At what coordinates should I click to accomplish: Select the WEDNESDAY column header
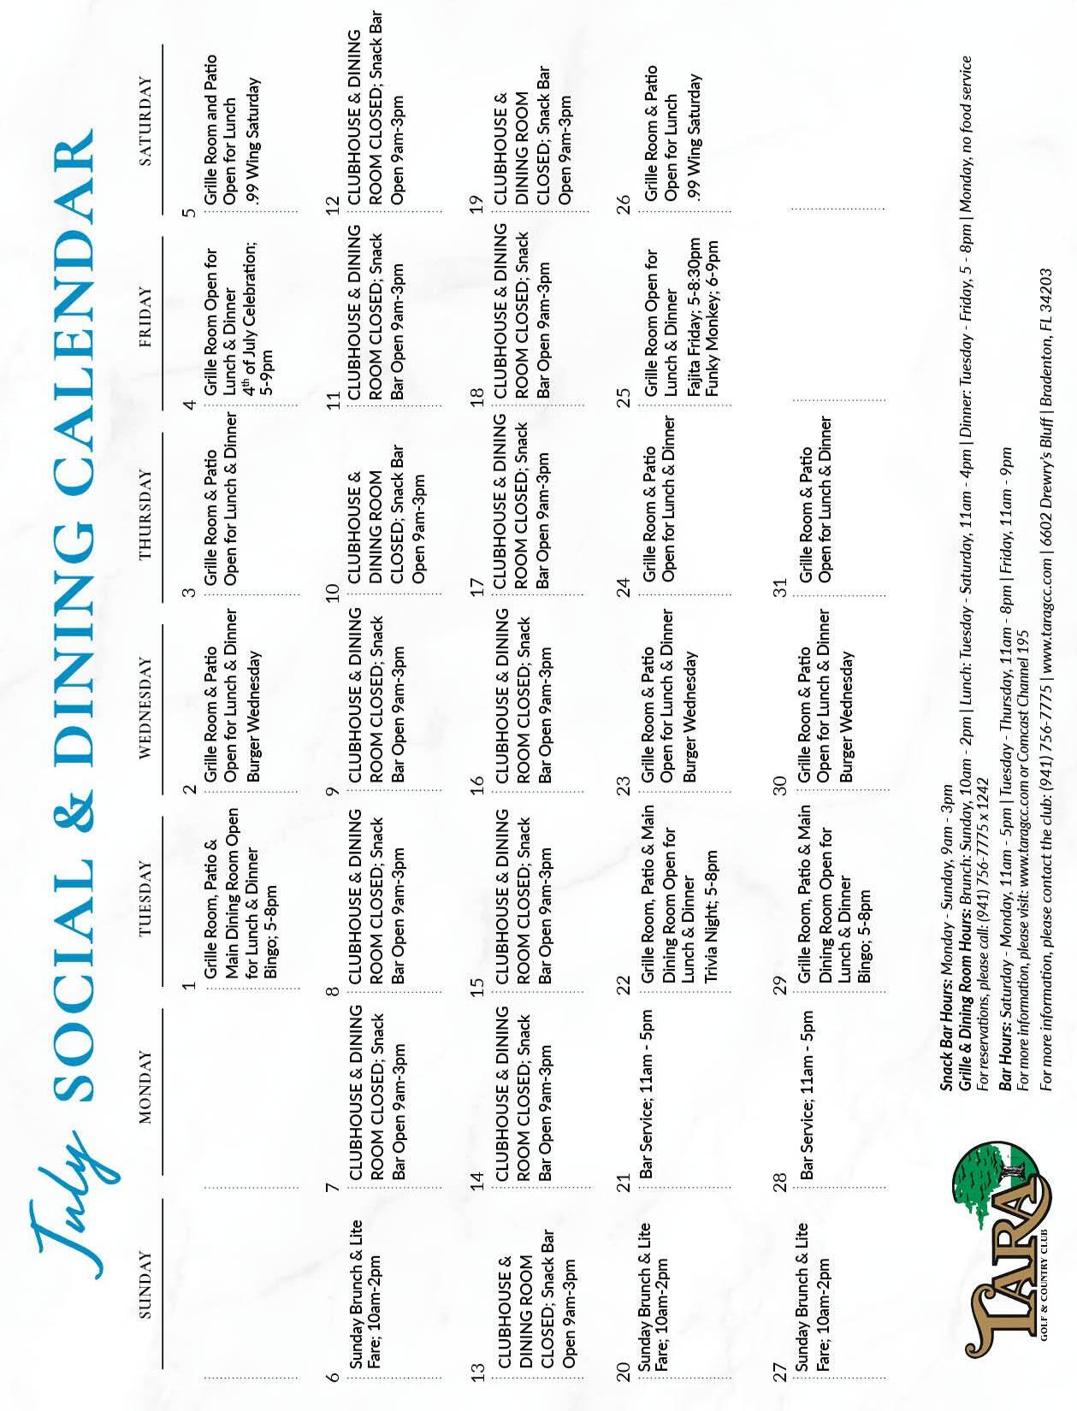[145, 706]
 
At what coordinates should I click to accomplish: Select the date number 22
[624, 984]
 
